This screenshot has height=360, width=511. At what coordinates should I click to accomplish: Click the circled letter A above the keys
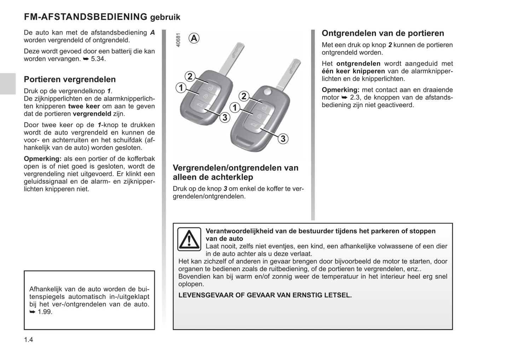click(x=194, y=38)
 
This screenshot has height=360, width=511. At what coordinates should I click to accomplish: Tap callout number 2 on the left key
click(x=190, y=76)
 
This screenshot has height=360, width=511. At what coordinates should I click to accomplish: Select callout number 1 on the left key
click(x=181, y=88)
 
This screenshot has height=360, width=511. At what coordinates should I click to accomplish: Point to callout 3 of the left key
click(x=225, y=117)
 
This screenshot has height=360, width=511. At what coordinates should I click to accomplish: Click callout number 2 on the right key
click(x=244, y=96)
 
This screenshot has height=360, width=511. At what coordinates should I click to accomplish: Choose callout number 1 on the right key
click(x=234, y=107)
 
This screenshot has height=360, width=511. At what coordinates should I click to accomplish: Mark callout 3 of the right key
click(x=283, y=139)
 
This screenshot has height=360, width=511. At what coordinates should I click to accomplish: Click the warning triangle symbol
click(x=189, y=239)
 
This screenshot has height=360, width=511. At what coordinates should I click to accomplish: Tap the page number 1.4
click(x=29, y=340)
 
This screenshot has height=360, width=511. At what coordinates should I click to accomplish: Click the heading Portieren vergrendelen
click(x=70, y=79)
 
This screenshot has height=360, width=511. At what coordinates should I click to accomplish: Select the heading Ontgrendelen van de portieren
click(x=383, y=33)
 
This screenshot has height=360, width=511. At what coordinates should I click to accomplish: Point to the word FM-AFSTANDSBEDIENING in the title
click(x=86, y=17)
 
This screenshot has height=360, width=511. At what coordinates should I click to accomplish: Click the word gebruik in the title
click(x=165, y=17)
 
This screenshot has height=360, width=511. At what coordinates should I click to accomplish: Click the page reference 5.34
click(x=98, y=59)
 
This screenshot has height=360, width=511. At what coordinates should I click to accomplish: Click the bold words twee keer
click(x=84, y=106)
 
